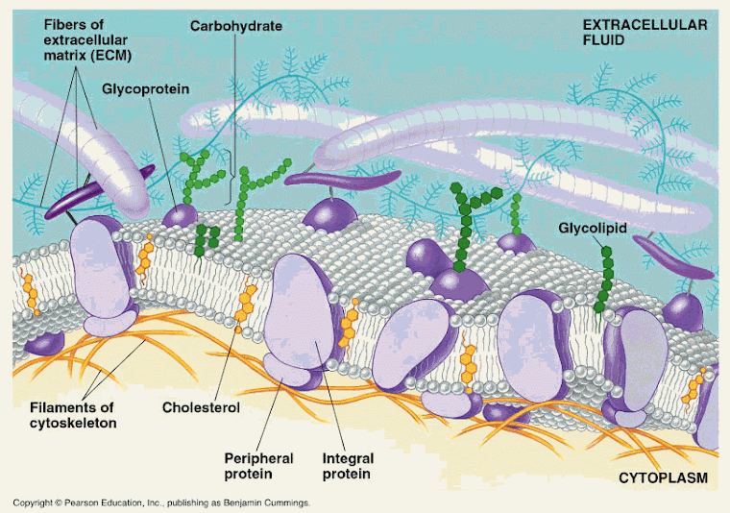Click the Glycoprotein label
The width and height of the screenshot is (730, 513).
(145, 88)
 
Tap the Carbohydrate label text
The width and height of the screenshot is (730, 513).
(236, 26)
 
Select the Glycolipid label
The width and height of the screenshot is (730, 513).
(593, 228)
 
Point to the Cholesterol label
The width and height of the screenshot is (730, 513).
(201, 407)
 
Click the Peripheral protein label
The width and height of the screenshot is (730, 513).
(258, 466)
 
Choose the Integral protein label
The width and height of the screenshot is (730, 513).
(348, 466)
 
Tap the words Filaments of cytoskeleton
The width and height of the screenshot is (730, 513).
(73, 415)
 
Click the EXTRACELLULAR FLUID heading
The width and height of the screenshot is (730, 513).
(645, 32)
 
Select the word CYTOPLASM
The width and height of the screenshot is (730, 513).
(663, 478)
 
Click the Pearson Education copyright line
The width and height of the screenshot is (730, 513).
(161, 502)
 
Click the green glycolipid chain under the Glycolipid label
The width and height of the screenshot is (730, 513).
(604, 281)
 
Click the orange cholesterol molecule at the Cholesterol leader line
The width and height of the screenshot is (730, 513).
(245, 305)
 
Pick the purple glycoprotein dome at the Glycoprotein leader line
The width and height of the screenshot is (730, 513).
(180, 216)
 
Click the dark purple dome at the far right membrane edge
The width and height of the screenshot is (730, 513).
(683, 312)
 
